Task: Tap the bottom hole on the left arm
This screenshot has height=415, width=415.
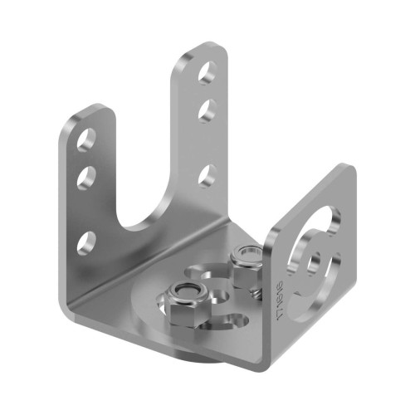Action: [84, 243]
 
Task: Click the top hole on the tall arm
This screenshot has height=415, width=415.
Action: [205, 72]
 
